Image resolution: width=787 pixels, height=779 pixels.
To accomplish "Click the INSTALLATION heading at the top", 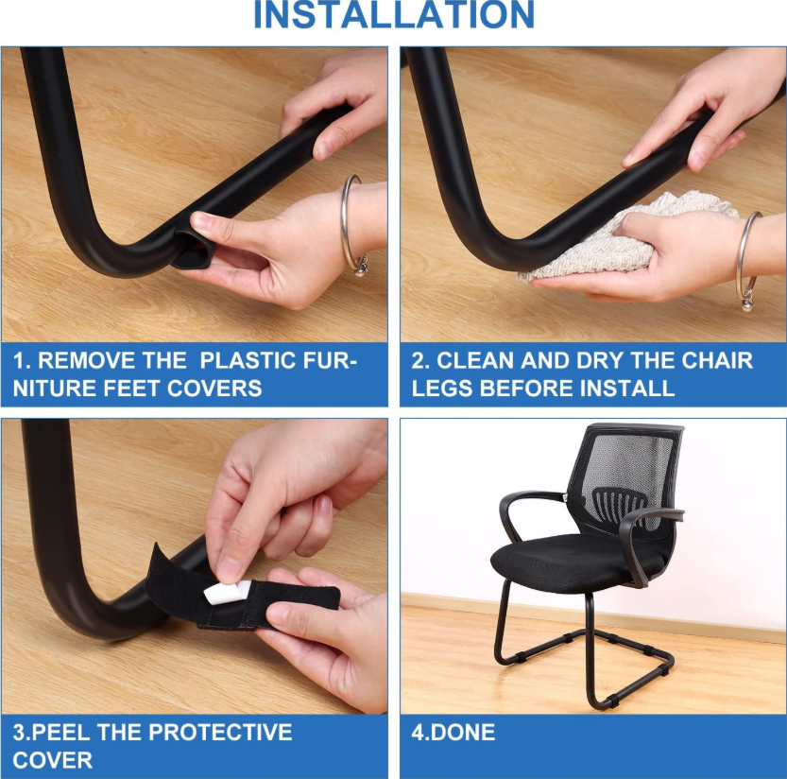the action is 394,15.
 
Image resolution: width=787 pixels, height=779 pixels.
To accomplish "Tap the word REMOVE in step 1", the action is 86,360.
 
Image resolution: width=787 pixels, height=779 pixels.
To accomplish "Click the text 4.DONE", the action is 453,733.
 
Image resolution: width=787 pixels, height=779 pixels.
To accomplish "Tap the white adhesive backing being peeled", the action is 227,592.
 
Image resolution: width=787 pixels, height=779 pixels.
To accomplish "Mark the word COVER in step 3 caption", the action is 53,760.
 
